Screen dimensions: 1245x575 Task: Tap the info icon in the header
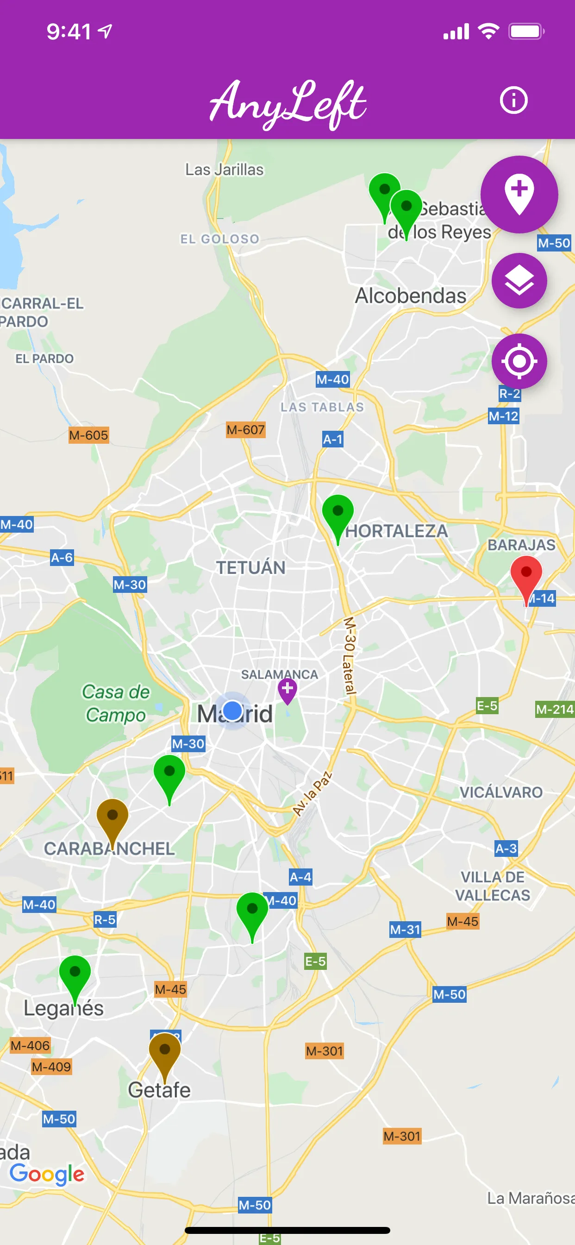tap(513, 101)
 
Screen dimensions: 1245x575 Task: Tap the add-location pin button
tap(519, 194)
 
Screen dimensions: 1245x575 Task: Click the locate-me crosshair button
tap(519, 361)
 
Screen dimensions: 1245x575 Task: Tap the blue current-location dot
tap(233, 711)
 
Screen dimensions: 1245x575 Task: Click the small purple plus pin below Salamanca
tap(287, 689)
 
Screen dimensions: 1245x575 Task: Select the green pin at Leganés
tap(75, 975)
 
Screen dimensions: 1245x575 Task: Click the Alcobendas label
tap(411, 296)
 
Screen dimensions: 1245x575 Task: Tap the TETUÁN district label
tap(250, 567)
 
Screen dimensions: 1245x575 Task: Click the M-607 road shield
tap(245, 430)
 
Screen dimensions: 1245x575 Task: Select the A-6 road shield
tap(62, 558)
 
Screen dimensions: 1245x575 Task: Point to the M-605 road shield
tap(88, 435)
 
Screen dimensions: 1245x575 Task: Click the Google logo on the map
tap(47, 1174)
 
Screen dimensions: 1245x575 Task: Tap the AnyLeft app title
tap(287, 103)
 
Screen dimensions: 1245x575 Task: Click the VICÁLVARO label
tap(500, 792)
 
